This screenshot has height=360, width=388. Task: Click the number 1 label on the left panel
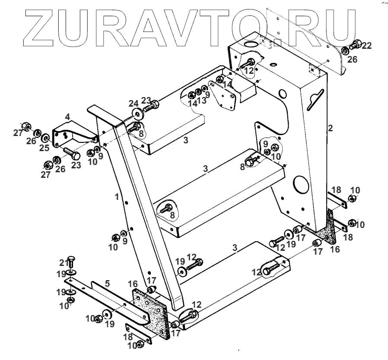pyautogui.click(x=117, y=197)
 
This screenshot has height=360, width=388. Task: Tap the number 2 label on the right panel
pyautogui.click(x=331, y=128)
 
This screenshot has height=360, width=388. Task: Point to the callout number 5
pyautogui.click(x=108, y=284)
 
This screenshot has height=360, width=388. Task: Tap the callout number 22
pyautogui.click(x=366, y=45)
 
